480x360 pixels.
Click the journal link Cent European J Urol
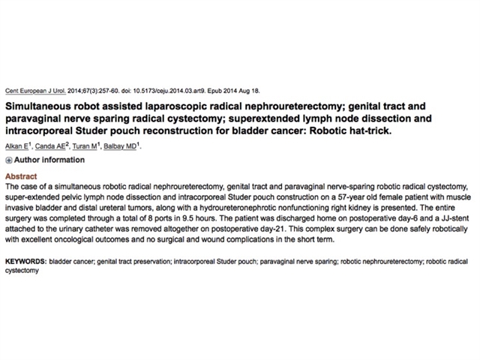coord(29,88)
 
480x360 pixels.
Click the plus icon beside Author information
coord(8,160)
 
